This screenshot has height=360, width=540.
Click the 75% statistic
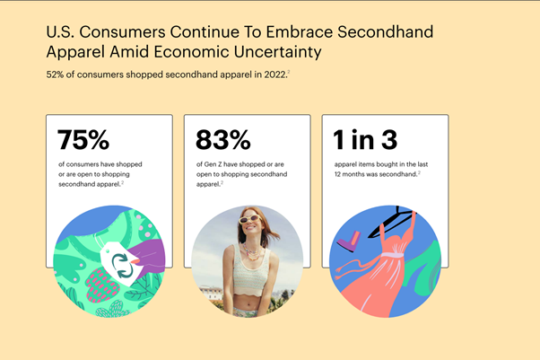tap(83, 140)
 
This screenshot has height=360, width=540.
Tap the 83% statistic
tap(222, 140)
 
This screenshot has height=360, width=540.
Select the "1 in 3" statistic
tap(365, 140)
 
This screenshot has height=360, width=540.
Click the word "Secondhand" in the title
tap(385, 31)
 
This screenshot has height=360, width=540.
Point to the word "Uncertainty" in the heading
tap(277, 52)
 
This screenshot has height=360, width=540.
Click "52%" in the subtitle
tap(55, 75)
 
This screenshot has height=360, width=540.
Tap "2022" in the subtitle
tap(275, 75)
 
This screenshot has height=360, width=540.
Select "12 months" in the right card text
tap(350, 174)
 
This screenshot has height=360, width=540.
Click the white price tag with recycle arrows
tap(119, 263)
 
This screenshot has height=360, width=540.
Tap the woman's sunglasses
tap(250, 219)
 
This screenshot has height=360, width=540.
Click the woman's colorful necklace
tap(252, 251)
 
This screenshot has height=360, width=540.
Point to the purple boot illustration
tap(349, 241)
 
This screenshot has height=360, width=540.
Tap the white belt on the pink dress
tap(392, 255)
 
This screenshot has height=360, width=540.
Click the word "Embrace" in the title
tap(300, 31)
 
